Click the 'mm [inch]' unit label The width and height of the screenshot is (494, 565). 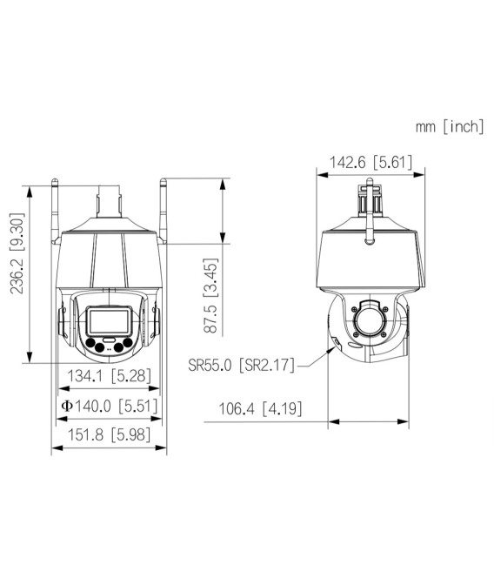pos(449,127)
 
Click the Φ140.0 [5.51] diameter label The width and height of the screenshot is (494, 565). pos(108,406)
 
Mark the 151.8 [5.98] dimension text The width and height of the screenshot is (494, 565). pos(110,435)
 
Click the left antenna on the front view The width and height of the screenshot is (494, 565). pos(55,209)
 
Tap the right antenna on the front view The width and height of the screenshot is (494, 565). pos(164,209)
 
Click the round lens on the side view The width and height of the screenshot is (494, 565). pos(369,320)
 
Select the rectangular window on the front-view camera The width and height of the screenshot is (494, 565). pos(109,321)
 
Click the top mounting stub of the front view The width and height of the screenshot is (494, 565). pos(110,199)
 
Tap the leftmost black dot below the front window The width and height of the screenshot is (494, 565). pos(90,347)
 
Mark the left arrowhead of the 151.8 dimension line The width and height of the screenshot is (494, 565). pos(55,448)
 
